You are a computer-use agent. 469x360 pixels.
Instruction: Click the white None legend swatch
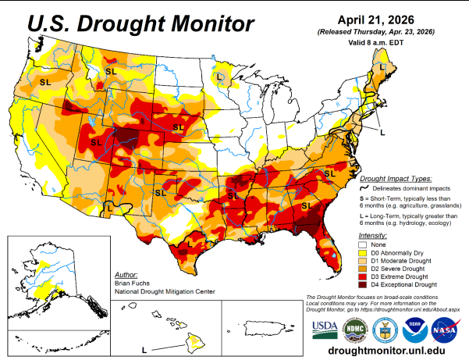click(364, 244)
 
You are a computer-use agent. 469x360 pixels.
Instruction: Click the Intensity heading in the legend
click(372, 235)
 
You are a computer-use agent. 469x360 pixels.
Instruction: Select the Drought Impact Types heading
click(394, 178)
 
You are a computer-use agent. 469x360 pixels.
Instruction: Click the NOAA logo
click(414, 328)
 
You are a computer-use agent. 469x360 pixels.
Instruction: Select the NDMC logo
click(354, 328)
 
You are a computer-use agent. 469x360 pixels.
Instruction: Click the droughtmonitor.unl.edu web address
click(386, 351)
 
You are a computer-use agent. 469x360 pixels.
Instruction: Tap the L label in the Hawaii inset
click(144, 349)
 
